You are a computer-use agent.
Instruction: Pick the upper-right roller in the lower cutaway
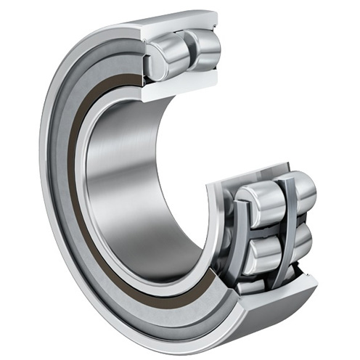coord(299,189)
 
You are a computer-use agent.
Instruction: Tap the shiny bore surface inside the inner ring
coord(131,181)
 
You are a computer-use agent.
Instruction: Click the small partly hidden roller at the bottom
coord(251,287)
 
